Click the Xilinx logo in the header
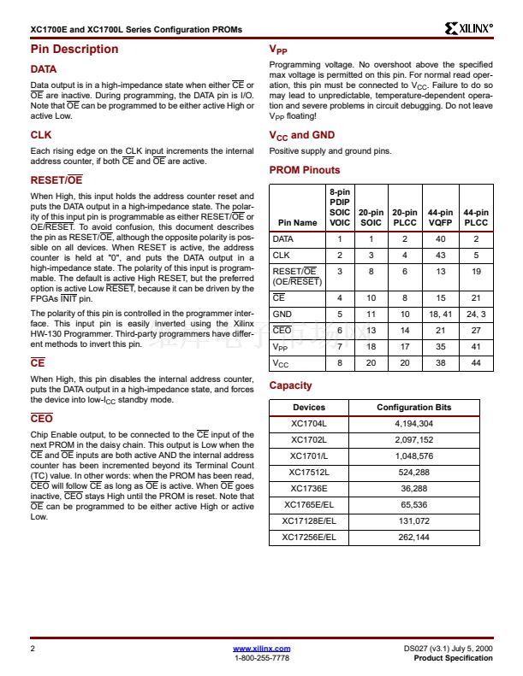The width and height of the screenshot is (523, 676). click(x=469, y=28)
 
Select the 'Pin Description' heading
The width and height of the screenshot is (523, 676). click(x=74, y=49)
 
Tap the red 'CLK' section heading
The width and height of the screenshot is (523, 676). click(x=41, y=135)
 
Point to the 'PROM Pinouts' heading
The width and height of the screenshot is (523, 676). click(x=305, y=170)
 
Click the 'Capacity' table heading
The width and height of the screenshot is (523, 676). click(x=290, y=385)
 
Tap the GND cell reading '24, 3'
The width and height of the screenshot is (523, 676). click(x=476, y=314)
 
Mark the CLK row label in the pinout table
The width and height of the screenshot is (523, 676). click(x=282, y=255)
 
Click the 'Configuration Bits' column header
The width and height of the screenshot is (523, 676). click(x=413, y=407)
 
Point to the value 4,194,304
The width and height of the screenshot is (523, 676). click(x=413, y=423)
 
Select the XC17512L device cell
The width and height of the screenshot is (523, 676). click(x=309, y=472)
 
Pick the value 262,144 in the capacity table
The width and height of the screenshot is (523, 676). click(x=413, y=537)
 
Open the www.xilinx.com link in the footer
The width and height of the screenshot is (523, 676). click(x=261, y=649)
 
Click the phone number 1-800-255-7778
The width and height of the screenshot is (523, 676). click(x=261, y=658)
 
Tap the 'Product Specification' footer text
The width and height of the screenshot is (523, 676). click(x=453, y=658)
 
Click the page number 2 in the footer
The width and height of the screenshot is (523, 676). click(x=32, y=650)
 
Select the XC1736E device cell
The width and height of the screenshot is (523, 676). click(x=309, y=488)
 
